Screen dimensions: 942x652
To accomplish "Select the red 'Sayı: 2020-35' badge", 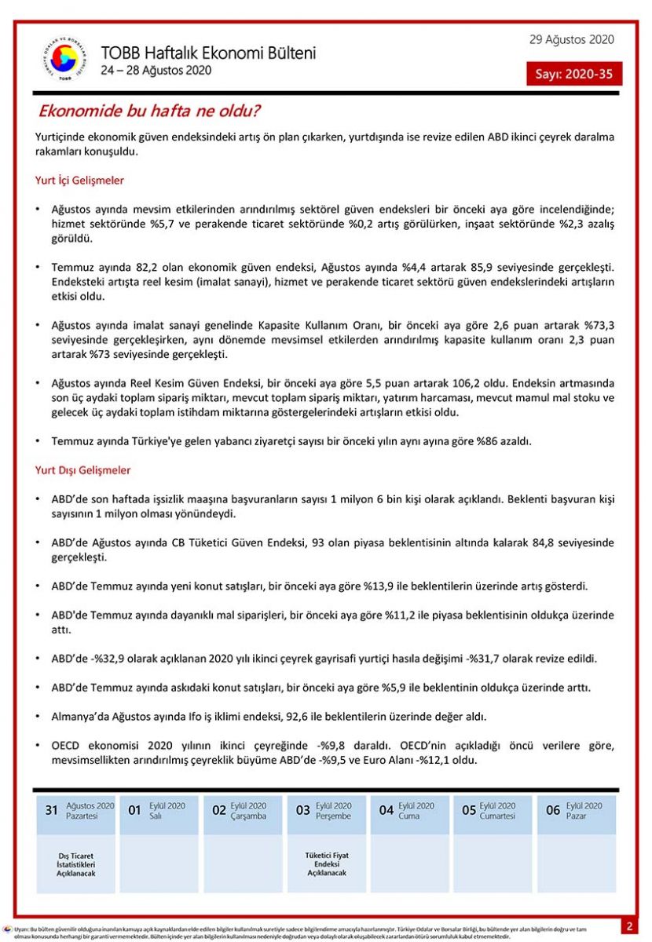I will pyautogui.click(x=574, y=74).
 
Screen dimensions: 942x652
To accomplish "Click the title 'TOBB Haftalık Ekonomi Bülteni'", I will pyautogui.click(x=208, y=53).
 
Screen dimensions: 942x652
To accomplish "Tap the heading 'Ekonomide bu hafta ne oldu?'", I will pyautogui.click(x=150, y=111).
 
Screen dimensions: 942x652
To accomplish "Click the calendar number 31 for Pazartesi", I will pyautogui.click(x=52, y=810).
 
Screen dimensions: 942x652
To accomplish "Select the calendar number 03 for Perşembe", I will pyautogui.click(x=302, y=810).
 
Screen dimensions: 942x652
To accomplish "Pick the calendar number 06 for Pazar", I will pyautogui.click(x=553, y=810).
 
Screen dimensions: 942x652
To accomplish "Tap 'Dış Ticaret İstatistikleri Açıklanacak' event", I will pyautogui.click(x=75, y=864).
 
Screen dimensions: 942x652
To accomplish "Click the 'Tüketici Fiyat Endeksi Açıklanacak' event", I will pyautogui.click(x=326, y=863).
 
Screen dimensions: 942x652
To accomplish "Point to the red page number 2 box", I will pyautogui.click(x=630, y=926).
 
